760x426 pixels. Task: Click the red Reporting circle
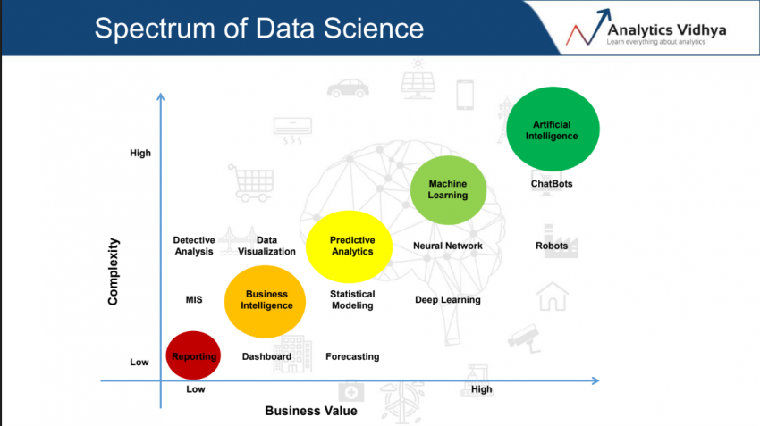pyautogui.click(x=194, y=356)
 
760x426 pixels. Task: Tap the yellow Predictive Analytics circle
pyautogui.click(x=351, y=246)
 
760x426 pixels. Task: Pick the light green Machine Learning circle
pyautogui.click(x=448, y=189)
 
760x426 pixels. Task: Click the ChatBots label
pyautogui.click(x=552, y=184)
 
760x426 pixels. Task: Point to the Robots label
pyautogui.click(x=552, y=246)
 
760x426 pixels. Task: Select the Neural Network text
pyautogui.click(x=447, y=246)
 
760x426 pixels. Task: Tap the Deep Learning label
pyautogui.click(x=447, y=300)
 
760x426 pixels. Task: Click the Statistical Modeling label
pyautogui.click(x=351, y=300)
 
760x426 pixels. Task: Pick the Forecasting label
pyautogui.click(x=351, y=356)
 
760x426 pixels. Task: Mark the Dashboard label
pyautogui.click(x=266, y=356)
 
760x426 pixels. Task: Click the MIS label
pyautogui.click(x=194, y=300)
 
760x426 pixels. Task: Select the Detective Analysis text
pyautogui.click(x=194, y=246)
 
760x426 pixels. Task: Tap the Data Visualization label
pyautogui.click(x=266, y=246)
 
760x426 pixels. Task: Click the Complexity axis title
pyautogui.click(x=114, y=271)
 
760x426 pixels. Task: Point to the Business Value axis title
pyautogui.click(x=310, y=411)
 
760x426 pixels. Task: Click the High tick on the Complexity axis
pyautogui.click(x=140, y=153)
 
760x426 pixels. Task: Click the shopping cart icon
pyautogui.click(x=248, y=182)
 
